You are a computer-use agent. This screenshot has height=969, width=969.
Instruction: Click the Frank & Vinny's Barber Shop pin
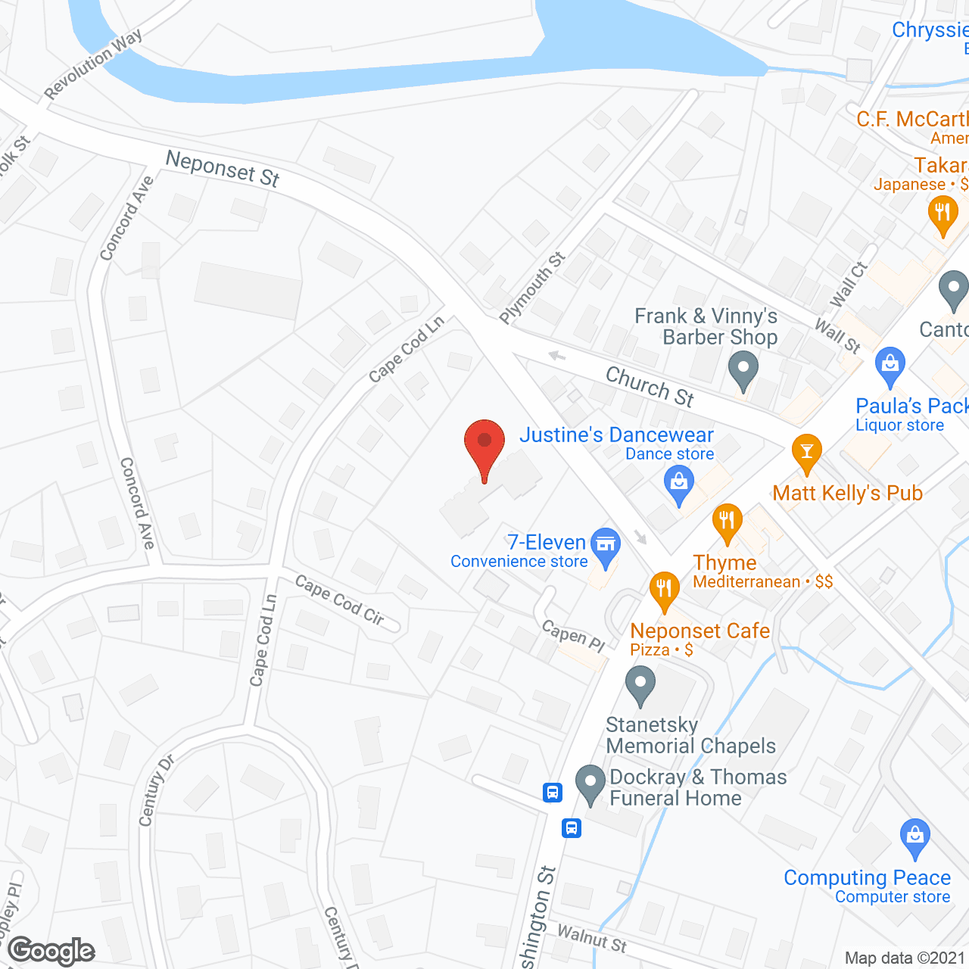click(x=743, y=370)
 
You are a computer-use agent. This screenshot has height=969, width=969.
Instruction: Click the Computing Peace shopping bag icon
click(x=914, y=837)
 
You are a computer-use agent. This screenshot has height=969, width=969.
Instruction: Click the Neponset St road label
click(x=223, y=169)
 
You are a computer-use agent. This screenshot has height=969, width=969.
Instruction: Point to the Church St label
click(x=650, y=386)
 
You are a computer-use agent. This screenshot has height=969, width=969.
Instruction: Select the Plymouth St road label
click(x=532, y=287)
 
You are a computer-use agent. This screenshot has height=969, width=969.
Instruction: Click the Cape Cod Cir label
click(x=340, y=600)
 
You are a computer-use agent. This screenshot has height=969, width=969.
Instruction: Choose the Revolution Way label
click(x=92, y=64)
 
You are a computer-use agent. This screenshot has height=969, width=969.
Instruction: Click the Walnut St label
click(x=592, y=938)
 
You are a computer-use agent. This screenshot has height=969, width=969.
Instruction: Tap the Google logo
click(x=51, y=951)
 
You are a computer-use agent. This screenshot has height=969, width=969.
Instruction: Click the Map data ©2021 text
click(x=905, y=958)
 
